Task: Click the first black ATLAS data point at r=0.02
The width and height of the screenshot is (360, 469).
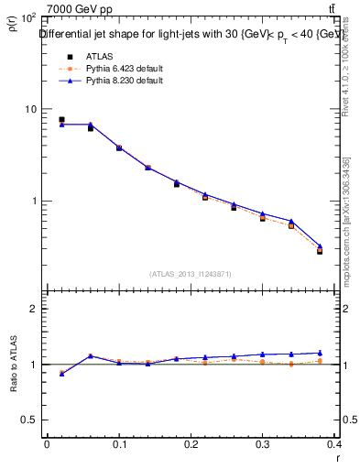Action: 61,119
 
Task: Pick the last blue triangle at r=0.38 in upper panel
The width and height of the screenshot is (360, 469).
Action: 320,245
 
